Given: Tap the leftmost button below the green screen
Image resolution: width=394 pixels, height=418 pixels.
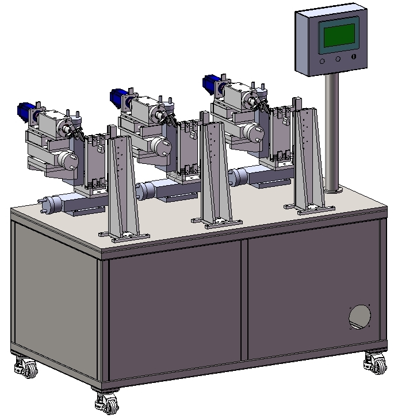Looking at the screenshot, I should click(x=322, y=60).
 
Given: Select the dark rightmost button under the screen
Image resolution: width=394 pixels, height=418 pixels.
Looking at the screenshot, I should click(x=353, y=58).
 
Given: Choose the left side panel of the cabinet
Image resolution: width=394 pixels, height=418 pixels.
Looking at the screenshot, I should click(x=55, y=293).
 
